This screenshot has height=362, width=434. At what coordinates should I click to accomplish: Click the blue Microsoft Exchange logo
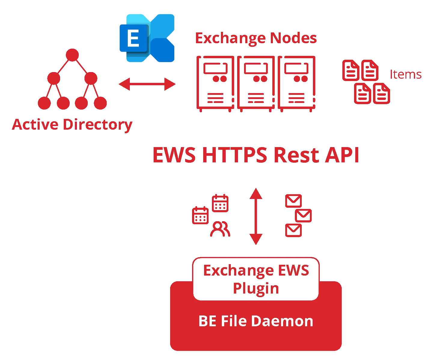coord(146,38)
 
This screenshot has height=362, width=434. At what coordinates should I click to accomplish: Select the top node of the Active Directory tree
coord(72,55)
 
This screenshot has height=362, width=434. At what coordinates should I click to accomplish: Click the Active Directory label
coord(72,124)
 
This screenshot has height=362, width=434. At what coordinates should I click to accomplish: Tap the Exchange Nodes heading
coord(256,38)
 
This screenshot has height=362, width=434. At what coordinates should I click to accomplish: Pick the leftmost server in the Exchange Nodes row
coord(214,83)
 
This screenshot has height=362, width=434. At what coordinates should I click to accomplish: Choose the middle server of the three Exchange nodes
coord(256,83)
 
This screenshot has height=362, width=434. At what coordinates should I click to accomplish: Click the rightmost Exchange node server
coord(297,83)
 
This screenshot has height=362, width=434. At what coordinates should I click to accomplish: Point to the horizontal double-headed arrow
coord(147,84)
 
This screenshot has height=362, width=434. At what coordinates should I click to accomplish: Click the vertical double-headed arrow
coord(256,216)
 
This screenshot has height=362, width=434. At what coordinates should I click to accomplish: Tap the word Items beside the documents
coord(406,74)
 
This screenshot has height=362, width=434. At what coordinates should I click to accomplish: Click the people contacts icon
coord(220,229)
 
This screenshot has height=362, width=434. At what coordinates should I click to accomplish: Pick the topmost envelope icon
coord(293,201)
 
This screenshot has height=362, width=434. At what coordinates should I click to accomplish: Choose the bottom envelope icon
coord(293,230)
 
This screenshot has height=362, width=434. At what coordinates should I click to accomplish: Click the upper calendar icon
coord(220,203)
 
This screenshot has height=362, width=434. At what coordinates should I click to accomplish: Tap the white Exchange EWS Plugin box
coord(256,279)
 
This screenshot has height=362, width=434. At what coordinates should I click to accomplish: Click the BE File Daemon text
coord(256,321)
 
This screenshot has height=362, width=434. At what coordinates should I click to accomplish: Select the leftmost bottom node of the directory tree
coord(44,103)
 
